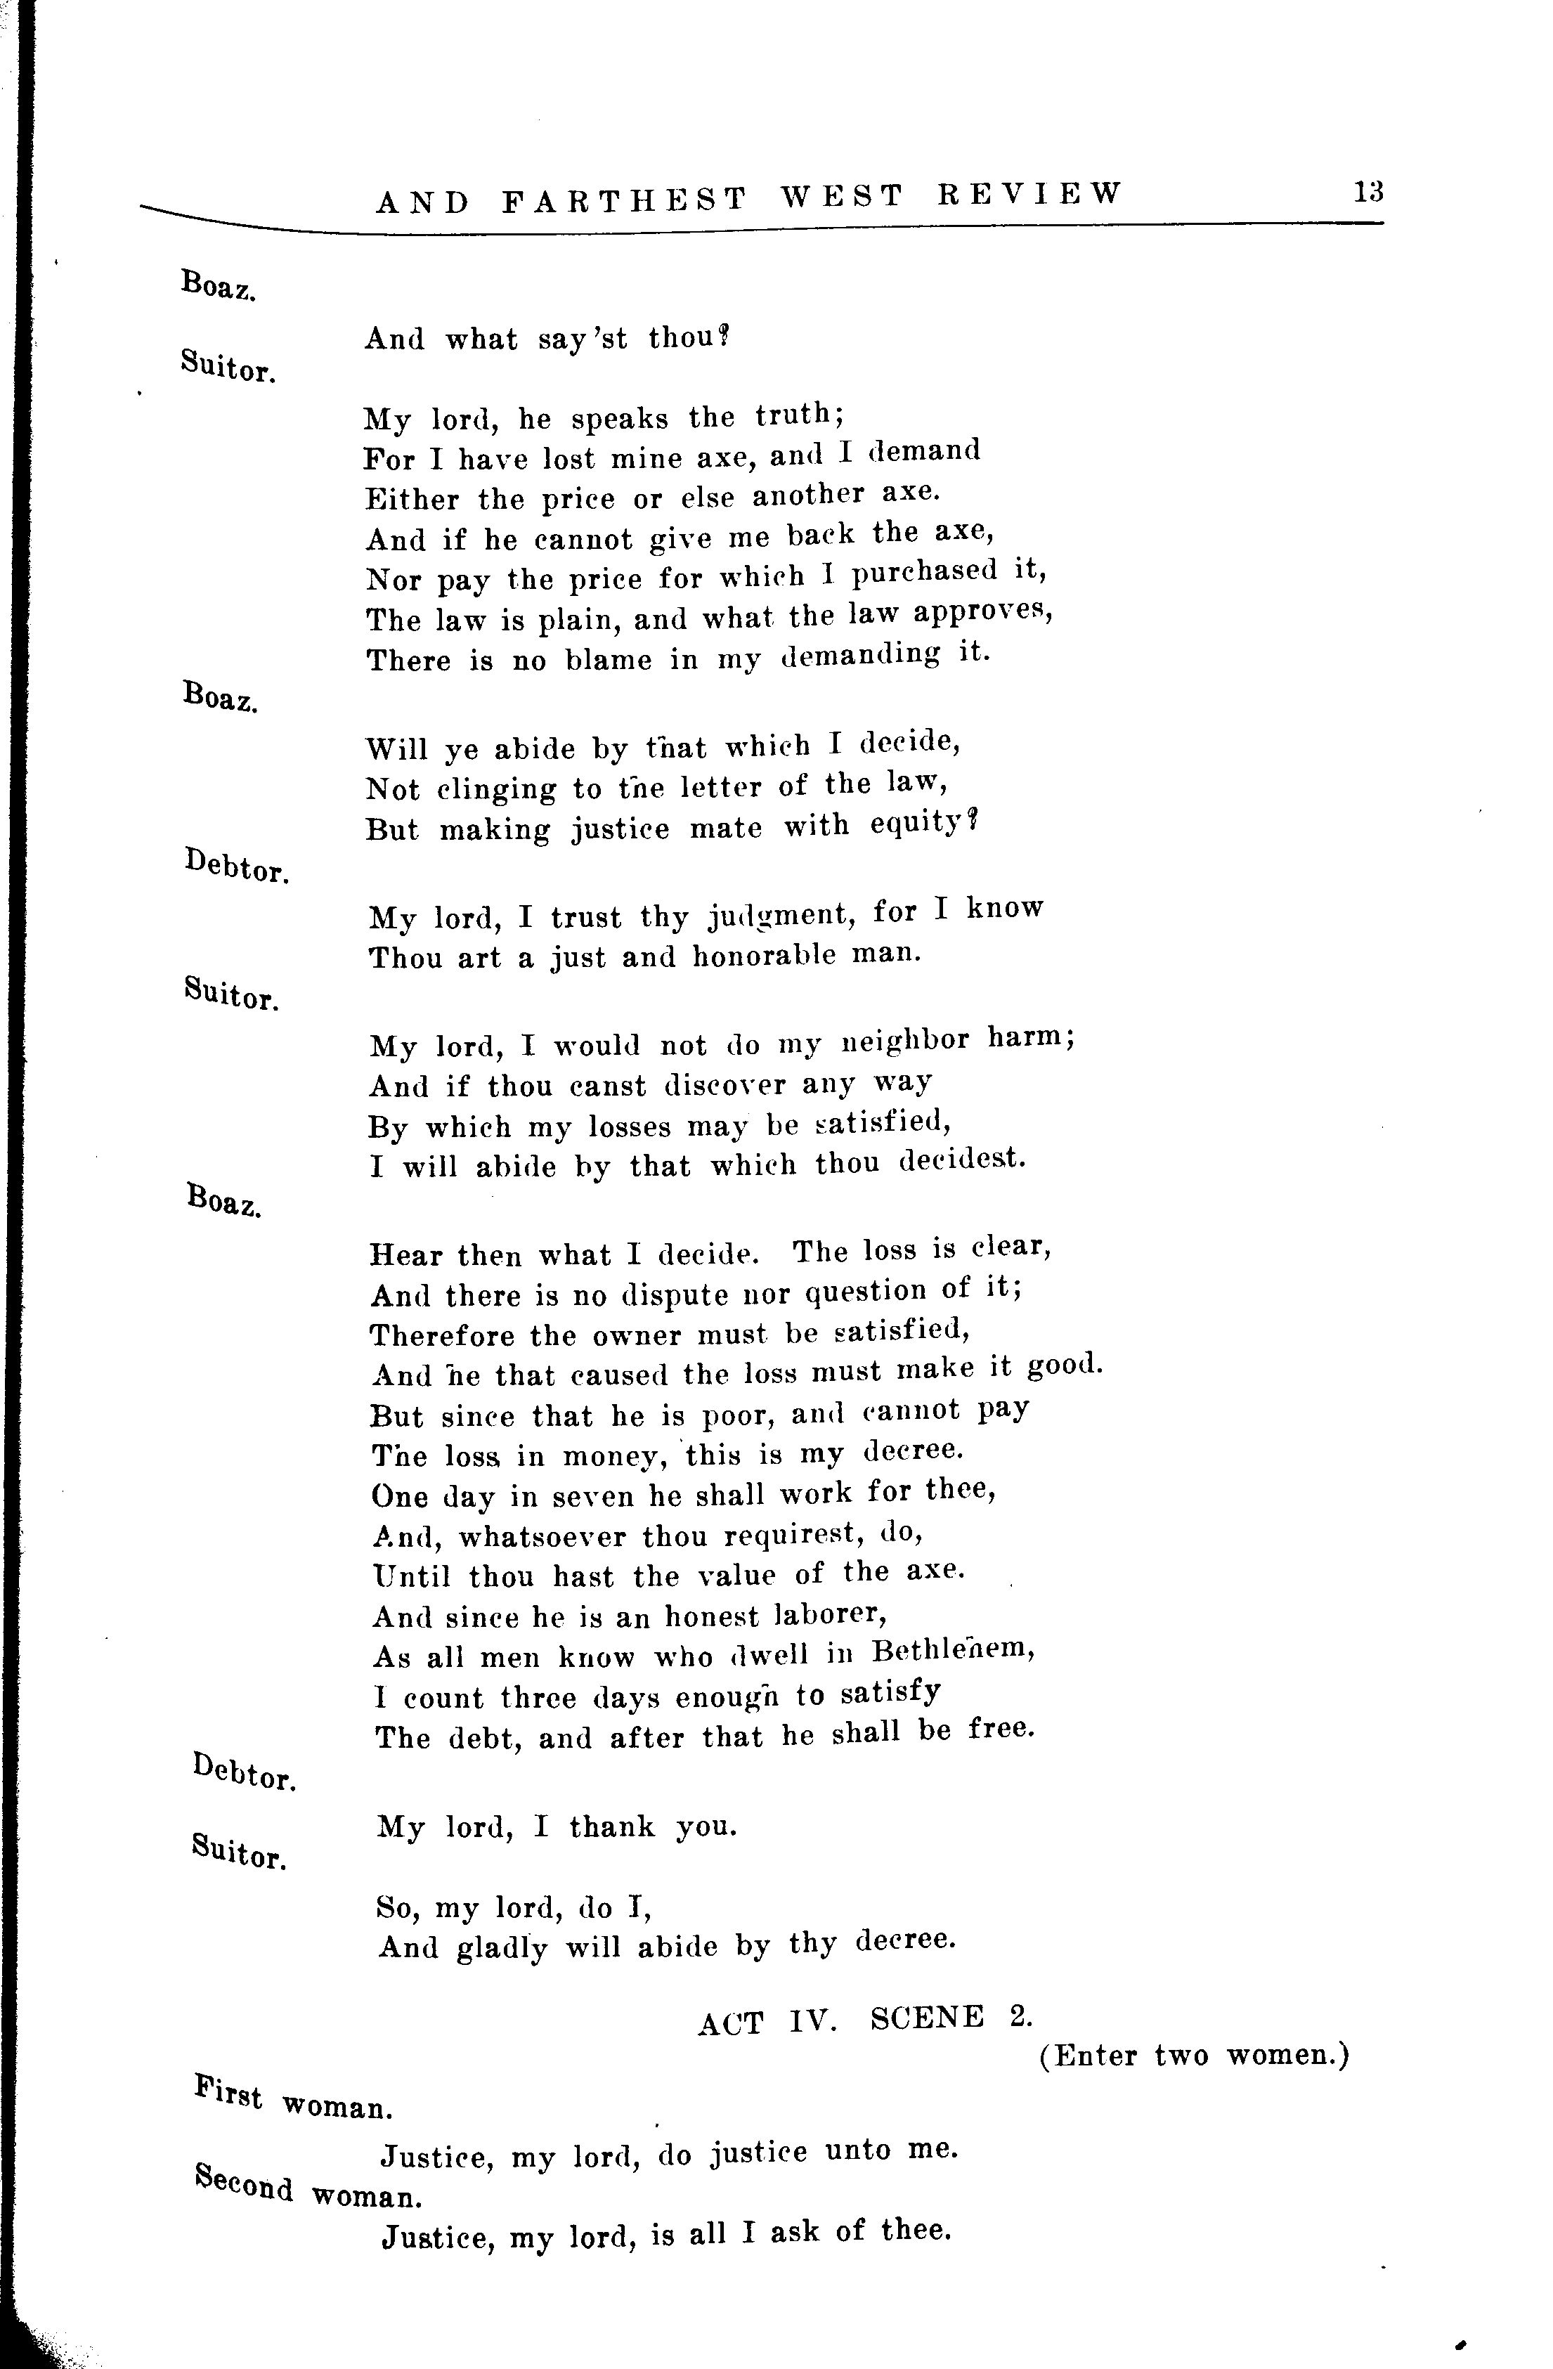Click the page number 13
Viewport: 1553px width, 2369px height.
(1367, 191)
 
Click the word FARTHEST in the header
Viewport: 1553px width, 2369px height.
(624, 200)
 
